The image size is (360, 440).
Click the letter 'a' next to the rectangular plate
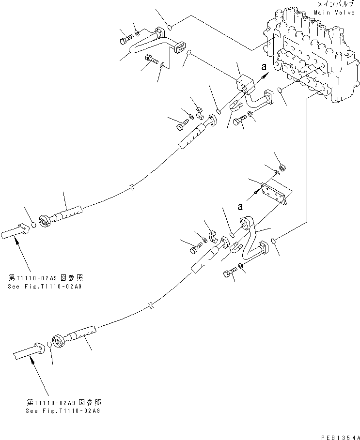pos(239,206)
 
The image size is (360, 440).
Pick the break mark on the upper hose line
pos(132,186)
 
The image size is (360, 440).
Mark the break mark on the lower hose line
pos(152,306)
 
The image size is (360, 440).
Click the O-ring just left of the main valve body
pos(281,89)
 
